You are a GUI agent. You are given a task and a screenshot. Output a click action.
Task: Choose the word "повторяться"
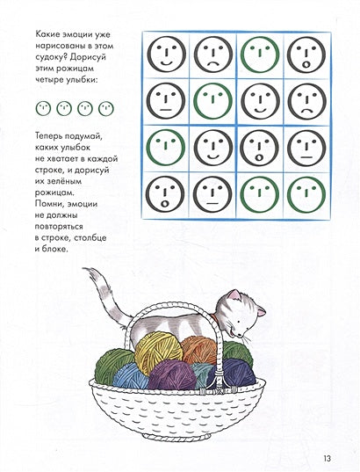(x=59, y=227)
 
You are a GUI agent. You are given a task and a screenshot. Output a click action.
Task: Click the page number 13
(x=328, y=459)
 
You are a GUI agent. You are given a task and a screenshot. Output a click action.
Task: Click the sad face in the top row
(x=213, y=54)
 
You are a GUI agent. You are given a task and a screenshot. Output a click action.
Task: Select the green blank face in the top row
(x=260, y=54)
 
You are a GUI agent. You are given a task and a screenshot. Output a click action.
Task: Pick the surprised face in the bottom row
(x=165, y=194)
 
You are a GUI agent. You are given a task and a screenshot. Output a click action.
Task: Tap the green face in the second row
(x=213, y=101)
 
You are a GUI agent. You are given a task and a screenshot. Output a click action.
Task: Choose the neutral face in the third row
(x=306, y=148)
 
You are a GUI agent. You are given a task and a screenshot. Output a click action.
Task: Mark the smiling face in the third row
(x=213, y=148)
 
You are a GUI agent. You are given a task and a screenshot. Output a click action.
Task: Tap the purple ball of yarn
(x=172, y=375)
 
